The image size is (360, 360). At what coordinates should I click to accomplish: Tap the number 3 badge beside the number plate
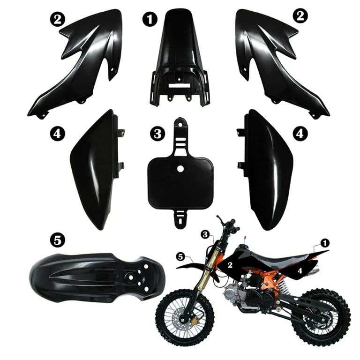point(157,134)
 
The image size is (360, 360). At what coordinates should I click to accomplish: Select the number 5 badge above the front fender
point(57,240)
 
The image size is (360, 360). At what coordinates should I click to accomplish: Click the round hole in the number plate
point(181,169)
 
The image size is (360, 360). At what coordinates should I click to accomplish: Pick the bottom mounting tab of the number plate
point(180,219)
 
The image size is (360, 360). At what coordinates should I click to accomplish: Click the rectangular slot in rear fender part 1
point(179,86)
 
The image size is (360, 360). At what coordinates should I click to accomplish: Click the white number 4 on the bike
point(300,270)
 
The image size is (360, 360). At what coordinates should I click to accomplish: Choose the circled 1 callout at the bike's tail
point(324,243)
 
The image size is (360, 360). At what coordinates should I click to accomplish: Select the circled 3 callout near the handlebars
point(204,233)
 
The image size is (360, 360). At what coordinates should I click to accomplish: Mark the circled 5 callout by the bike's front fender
point(180,256)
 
